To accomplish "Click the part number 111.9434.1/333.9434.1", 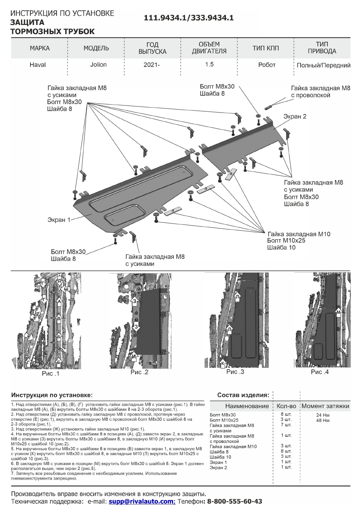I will pyautogui.click(x=189, y=18).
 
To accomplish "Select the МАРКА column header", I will pyautogui.click(x=40, y=48).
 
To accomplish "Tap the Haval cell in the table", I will pyautogui.click(x=38, y=65).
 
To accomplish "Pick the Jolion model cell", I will pyautogui.click(x=98, y=65).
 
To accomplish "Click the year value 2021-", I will pyautogui.click(x=152, y=65).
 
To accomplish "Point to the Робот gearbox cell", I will pyautogui.click(x=267, y=65).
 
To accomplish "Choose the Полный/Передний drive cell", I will pyautogui.click(x=323, y=65).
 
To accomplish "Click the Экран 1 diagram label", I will pyautogui.click(x=59, y=220).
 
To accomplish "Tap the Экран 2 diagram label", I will pyautogui.click(x=295, y=116).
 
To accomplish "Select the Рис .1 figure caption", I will pyautogui.click(x=50, y=373).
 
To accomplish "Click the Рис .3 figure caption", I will pyautogui.click(x=235, y=372).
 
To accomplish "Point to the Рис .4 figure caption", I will pyautogui.click(x=320, y=372).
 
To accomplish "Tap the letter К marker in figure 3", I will pyautogui.click(x=223, y=363).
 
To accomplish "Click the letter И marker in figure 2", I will pyautogui.click(x=134, y=356).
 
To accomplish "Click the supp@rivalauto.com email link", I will pyautogui.click(x=142, y=501).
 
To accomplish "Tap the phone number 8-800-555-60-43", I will pyautogui.click(x=234, y=501).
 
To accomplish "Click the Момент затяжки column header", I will pyautogui.click(x=325, y=406).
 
